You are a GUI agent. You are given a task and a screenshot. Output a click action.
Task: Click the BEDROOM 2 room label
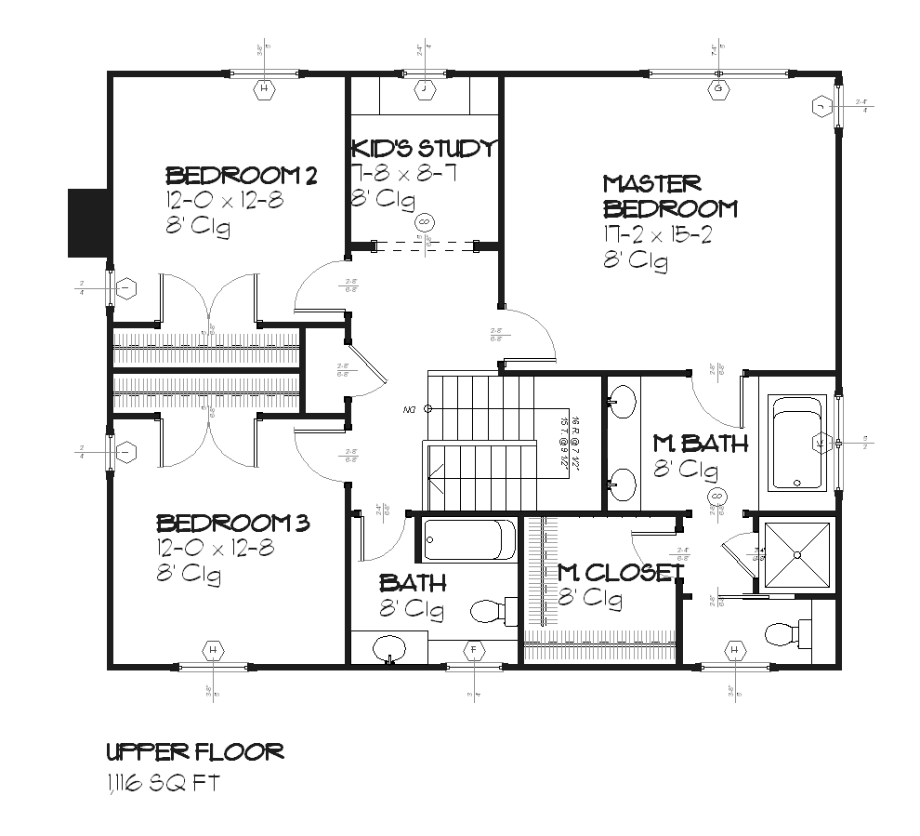tap(242, 175)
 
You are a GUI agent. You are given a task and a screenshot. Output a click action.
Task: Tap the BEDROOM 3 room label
tap(232, 523)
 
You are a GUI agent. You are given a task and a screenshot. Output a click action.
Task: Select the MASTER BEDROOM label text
tap(669, 196)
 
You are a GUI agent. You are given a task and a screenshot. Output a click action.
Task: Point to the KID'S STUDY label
tap(424, 149)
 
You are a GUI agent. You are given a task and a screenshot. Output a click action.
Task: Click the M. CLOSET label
tap(620, 572)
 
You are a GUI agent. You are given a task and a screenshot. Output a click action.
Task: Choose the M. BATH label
tap(700, 444)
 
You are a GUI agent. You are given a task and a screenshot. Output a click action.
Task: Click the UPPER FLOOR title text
tap(194, 751)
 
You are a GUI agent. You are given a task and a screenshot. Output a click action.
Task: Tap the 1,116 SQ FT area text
tap(163, 784)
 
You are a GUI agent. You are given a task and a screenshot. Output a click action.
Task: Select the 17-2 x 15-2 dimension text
tap(657, 235)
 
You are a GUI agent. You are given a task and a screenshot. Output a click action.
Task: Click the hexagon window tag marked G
tap(718, 89)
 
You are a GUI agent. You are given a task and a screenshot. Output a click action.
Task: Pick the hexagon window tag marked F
tap(475, 649)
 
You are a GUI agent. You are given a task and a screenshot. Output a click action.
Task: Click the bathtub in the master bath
tap(797, 443)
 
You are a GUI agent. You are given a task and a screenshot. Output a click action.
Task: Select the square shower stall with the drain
tap(796, 555)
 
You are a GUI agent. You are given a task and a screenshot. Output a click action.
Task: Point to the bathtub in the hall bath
tap(469, 539)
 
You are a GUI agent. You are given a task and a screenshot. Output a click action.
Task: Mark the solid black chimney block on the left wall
tap(89, 223)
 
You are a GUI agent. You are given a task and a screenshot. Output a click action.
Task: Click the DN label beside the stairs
tap(409, 408)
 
